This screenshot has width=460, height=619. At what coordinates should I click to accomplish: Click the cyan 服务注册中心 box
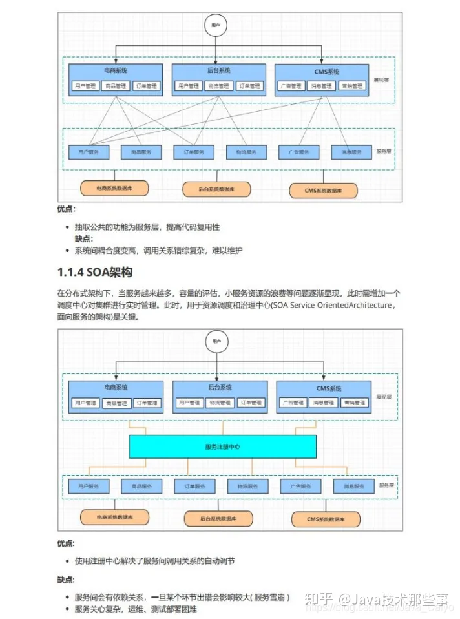point(222,446)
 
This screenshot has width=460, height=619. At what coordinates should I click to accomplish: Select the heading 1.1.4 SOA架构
point(94,272)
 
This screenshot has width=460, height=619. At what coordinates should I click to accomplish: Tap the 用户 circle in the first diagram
point(215,25)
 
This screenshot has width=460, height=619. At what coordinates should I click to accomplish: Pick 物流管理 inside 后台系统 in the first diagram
point(218,85)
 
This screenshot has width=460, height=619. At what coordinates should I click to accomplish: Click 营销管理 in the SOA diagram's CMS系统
point(353,403)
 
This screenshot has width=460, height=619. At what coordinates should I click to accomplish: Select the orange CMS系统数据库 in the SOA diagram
point(326,519)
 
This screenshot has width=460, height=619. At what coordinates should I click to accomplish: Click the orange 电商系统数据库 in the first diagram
point(114,188)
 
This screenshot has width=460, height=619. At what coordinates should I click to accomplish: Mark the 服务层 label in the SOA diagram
point(386,485)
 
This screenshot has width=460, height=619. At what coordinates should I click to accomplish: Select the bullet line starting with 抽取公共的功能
point(147,227)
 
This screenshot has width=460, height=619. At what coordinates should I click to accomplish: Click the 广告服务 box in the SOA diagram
point(300,486)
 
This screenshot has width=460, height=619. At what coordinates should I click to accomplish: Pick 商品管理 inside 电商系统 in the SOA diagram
point(115,403)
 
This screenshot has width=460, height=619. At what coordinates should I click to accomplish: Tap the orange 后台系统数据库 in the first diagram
point(218,189)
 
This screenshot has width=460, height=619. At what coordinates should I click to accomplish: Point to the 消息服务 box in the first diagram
point(351,152)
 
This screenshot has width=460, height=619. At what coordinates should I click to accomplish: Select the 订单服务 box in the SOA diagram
point(194,486)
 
